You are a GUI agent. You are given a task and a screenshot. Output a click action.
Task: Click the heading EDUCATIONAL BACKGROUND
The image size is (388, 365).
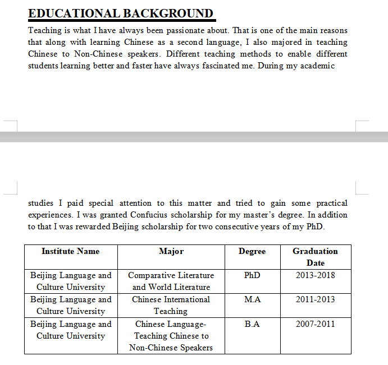click(x=121, y=13)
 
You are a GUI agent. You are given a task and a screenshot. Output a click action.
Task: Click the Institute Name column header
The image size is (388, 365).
click(x=70, y=251)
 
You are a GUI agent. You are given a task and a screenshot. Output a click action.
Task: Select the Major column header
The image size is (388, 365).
click(x=171, y=251)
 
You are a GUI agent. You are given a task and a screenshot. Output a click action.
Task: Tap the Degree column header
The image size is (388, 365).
click(x=252, y=251)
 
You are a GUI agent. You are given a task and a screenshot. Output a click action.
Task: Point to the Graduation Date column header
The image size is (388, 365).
click(x=316, y=257)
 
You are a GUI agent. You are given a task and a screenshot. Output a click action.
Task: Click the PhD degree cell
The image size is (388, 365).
click(x=252, y=275)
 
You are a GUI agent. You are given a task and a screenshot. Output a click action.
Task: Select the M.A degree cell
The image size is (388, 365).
click(x=252, y=299)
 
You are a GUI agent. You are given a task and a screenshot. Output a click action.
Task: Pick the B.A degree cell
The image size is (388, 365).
click(x=252, y=324)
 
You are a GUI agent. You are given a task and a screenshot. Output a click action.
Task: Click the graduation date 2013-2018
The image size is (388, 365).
click(x=316, y=275)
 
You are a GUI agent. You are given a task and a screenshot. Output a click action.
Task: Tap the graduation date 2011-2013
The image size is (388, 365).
click(x=316, y=299)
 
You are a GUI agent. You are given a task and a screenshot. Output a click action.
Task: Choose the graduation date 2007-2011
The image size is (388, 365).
click(x=316, y=324)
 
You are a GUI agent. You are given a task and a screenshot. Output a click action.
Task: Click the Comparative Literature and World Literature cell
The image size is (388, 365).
click(x=171, y=281)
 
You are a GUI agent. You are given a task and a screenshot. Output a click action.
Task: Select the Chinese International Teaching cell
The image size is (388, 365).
click(x=171, y=305)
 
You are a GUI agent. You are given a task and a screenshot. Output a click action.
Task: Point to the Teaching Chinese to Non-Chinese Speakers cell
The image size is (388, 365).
click(x=171, y=336)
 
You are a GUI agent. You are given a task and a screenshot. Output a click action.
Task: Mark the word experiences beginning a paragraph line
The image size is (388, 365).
click(x=49, y=215)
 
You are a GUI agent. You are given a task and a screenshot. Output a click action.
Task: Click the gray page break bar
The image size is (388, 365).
click(x=194, y=136)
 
